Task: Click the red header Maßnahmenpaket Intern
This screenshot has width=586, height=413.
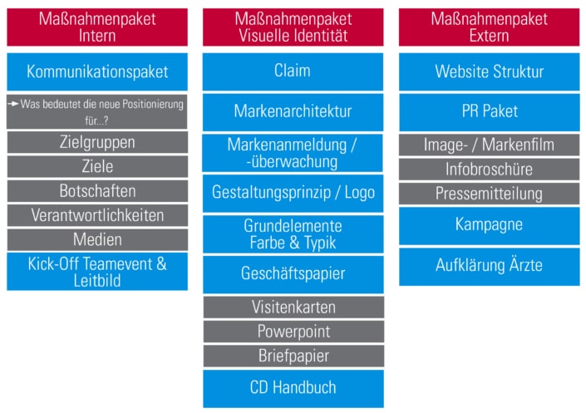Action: click(x=97, y=27)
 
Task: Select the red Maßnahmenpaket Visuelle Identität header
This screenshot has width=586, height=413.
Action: click(x=293, y=27)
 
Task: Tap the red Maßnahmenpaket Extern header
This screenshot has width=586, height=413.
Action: click(x=490, y=27)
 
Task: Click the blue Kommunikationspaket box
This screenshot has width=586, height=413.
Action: click(x=97, y=71)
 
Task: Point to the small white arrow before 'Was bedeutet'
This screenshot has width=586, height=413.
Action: click(x=13, y=104)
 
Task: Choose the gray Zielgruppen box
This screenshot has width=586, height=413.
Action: click(x=97, y=142)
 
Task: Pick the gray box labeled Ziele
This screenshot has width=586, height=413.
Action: click(x=97, y=166)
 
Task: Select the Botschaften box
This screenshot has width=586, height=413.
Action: click(x=97, y=191)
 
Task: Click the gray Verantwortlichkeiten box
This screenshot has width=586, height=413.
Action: click(x=97, y=215)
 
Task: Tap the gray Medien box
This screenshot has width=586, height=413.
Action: click(x=97, y=239)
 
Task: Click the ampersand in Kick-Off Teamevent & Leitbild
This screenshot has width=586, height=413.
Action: click(x=161, y=264)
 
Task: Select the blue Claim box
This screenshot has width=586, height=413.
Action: click(x=293, y=71)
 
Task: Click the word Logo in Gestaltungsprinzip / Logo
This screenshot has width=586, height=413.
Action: click(x=360, y=193)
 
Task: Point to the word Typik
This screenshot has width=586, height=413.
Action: click(x=320, y=243)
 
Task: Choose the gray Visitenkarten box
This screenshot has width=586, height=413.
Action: click(x=293, y=307)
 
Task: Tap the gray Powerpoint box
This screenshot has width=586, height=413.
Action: click(x=293, y=332)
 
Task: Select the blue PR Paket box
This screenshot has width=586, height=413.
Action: click(x=490, y=112)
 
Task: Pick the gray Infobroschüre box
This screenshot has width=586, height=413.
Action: click(x=490, y=170)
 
